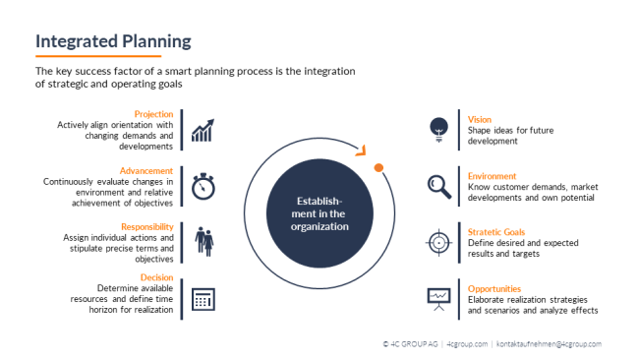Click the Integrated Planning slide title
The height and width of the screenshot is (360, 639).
113,41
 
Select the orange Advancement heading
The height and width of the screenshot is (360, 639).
147,171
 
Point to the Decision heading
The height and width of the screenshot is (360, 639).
157,277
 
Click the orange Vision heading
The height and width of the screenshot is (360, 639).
480,120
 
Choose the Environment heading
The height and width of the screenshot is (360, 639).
493,176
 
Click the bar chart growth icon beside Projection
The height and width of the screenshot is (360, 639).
203,130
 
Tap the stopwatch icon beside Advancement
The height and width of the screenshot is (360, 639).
203,185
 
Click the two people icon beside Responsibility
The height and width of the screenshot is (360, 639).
203,241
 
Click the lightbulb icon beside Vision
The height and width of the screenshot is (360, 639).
439,128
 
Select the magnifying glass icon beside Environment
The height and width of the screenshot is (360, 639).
439,185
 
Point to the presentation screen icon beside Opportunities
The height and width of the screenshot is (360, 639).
439,296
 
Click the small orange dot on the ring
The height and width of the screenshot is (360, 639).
378,168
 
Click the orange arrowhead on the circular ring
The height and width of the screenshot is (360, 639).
361,150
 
